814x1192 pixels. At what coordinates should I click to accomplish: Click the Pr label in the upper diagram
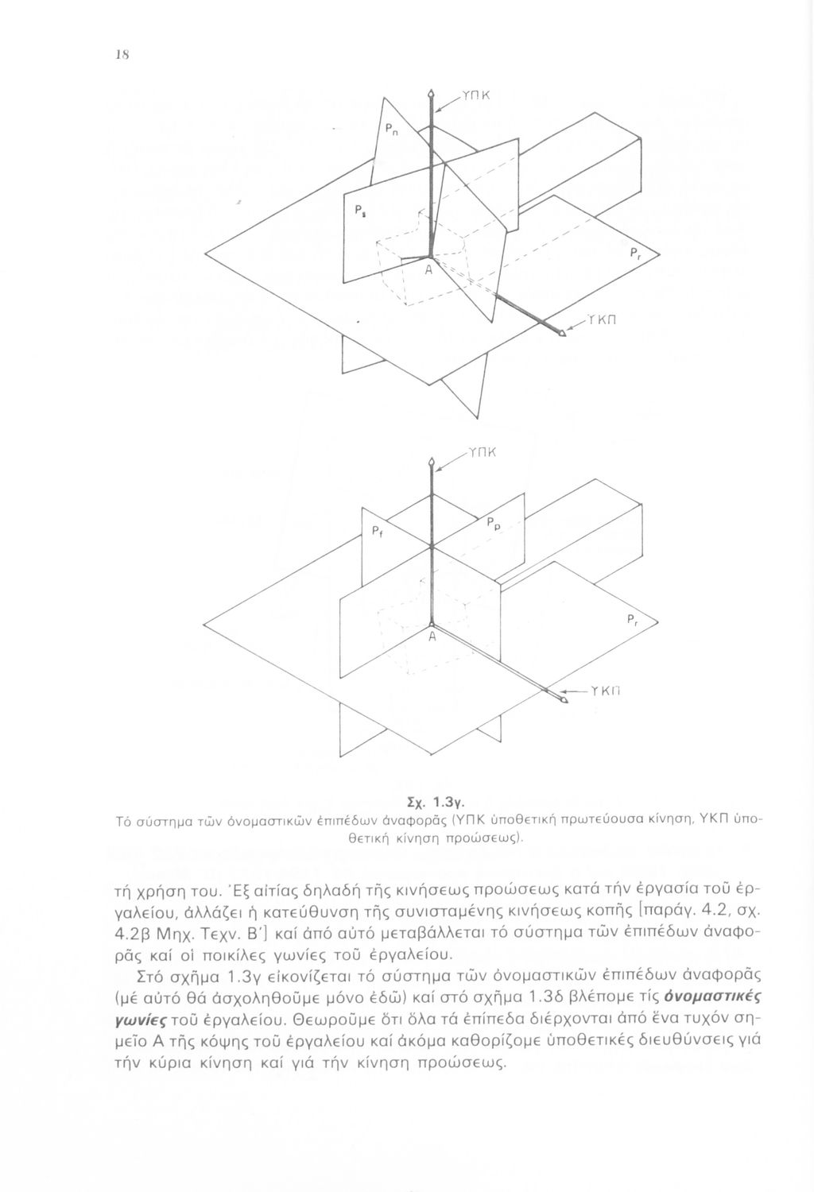[634, 255]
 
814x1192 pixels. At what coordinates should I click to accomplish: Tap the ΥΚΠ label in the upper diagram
[606, 320]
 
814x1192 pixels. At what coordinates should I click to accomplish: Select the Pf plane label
[378, 532]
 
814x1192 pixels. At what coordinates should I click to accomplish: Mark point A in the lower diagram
[431, 637]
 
